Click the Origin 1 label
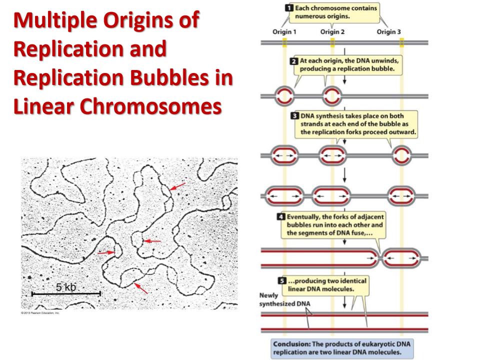click(x=284, y=32)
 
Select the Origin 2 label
click(x=332, y=32)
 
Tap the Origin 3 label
click(x=389, y=32)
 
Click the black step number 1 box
click(x=288, y=8)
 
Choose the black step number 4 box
click(x=281, y=217)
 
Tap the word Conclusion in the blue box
click(x=291, y=344)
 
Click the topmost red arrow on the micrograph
click(x=177, y=186)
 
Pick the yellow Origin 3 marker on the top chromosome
click(x=402, y=42)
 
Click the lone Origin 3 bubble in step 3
click(x=401, y=155)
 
